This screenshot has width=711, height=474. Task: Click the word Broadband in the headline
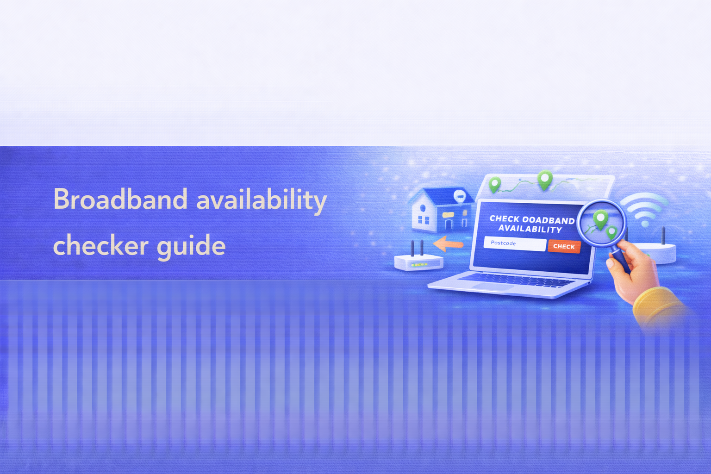[x=120, y=200]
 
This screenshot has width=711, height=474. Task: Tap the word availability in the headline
[x=262, y=200]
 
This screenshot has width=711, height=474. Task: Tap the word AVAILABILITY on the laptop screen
[x=530, y=229]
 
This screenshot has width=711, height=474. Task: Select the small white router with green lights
[x=418, y=262]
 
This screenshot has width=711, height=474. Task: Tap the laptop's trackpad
[x=493, y=287]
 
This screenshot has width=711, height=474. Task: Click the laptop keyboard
[x=518, y=279]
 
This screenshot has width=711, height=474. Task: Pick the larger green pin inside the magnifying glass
[x=600, y=218]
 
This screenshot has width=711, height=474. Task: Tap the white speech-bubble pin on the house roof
[x=460, y=196]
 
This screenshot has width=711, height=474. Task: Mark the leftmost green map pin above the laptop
[x=495, y=184]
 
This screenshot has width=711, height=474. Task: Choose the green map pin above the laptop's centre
[x=545, y=179]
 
